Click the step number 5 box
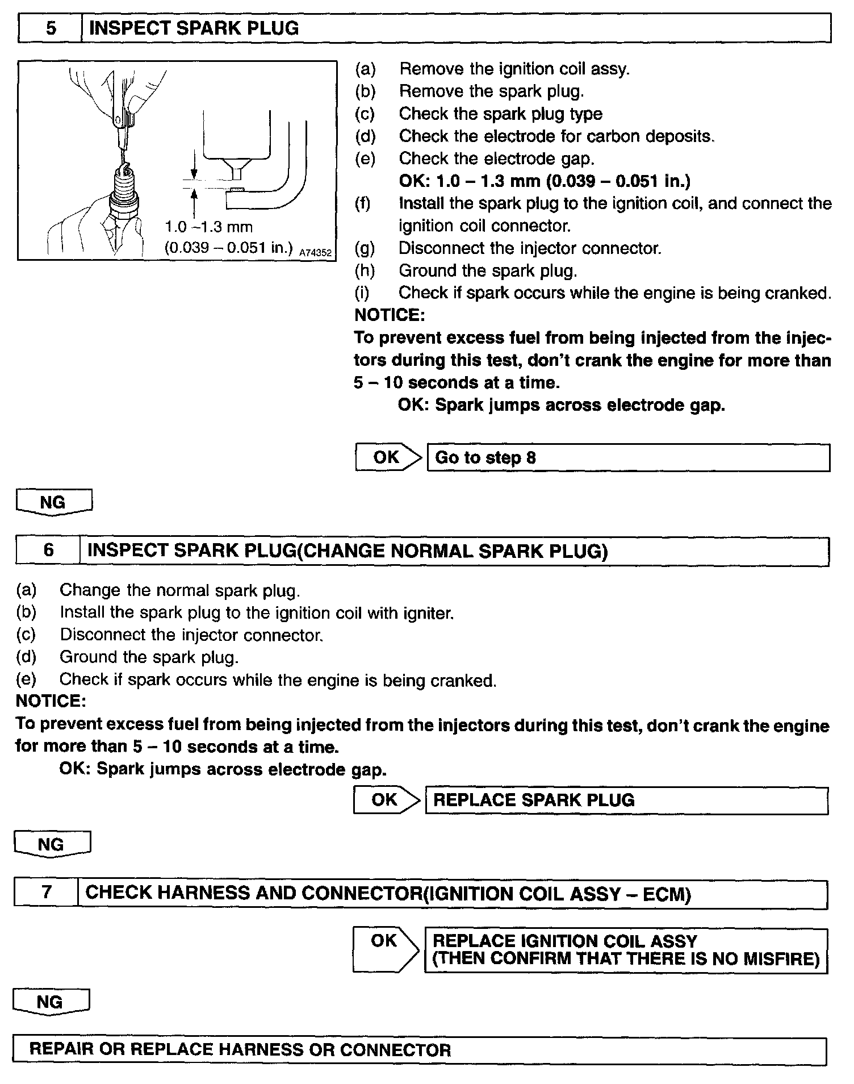click(x=51, y=28)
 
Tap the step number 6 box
click(x=49, y=551)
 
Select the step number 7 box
click(x=47, y=893)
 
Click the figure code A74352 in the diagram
click(x=315, y=252)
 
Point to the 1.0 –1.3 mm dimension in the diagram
click(x=208, y=227)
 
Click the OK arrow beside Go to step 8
click(x=389, y=457)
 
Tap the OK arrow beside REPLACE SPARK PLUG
click(x=386, y=800)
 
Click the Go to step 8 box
click(x=627, y=458)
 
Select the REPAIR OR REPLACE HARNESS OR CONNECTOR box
click(x=419, y=1050)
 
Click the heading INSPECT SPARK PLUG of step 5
click(x=194, y=28)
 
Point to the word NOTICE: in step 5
click(x=390, y=315)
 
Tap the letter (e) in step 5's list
click(x=365, y=159)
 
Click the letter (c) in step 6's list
click(x=26, y=635)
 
